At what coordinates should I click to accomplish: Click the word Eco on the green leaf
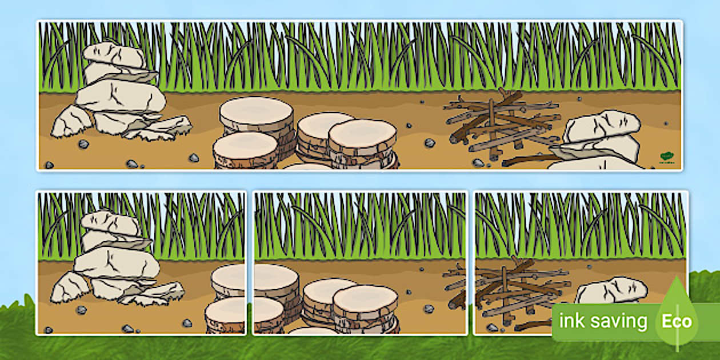pos(677,321)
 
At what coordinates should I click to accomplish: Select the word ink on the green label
pos(571,321)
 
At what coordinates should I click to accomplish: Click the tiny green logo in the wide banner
pos(666,155)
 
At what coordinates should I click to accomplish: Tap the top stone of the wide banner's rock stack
pos(114,55)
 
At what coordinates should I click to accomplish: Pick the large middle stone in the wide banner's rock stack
pos(121,95)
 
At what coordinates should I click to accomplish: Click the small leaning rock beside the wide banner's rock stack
pos(71,122)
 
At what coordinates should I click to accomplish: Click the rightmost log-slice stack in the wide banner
pos(362,140)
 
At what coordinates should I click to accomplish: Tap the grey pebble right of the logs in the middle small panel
pos(428,309)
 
